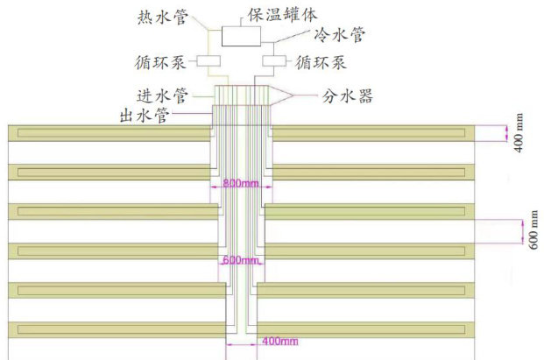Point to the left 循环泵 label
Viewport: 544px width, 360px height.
pyautogui.click(x=160, y=62)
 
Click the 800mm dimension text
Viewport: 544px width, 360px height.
pyautogui.click(x=242, y=185)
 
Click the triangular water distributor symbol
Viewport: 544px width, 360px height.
pyautogui.click(x=281, y=93)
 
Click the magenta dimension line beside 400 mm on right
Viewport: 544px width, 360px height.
pyautogui.click(x=506, y=132)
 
